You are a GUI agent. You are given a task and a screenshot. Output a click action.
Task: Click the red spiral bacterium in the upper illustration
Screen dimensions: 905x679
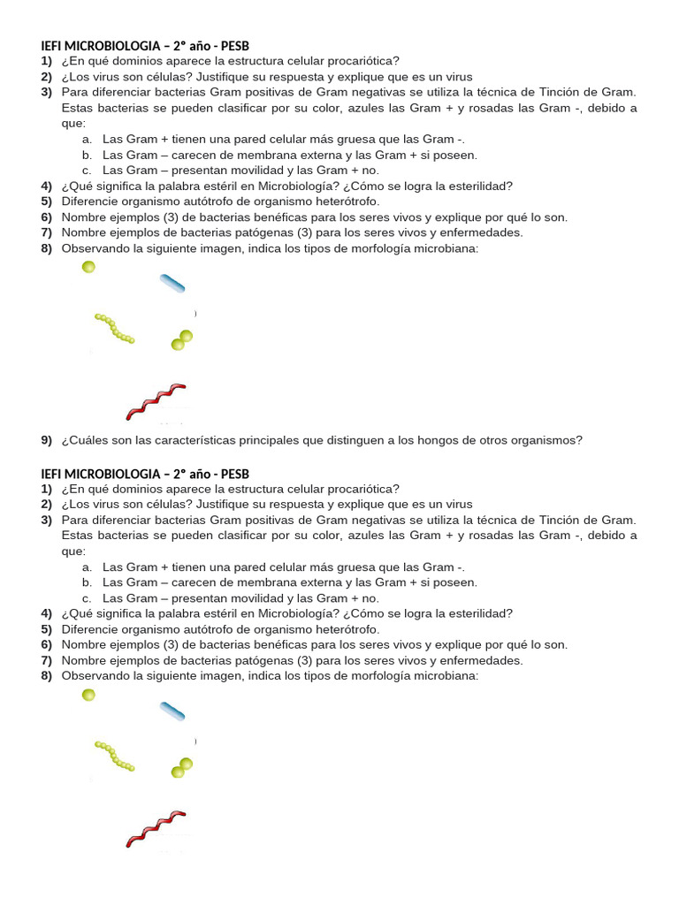tap(156, 401)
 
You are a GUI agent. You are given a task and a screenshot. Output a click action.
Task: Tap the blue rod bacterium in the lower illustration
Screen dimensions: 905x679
tap(172, 711)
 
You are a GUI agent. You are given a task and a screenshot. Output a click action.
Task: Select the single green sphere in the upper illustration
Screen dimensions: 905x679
tap(88, 267)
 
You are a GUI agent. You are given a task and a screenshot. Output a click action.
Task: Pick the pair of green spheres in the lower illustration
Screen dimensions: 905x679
tap(182, 767)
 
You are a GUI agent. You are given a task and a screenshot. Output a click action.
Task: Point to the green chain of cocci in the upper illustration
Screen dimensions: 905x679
tap(114, 328)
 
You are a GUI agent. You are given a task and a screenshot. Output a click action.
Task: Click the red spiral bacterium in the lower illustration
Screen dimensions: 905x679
tap(156, 827)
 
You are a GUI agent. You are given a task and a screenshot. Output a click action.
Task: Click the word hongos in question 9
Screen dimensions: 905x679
tap(426, 440)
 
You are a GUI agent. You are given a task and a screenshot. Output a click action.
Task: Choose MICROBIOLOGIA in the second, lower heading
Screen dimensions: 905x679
tap(109, 473)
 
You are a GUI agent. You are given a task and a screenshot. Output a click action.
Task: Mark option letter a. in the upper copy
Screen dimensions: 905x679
tap(87, 140)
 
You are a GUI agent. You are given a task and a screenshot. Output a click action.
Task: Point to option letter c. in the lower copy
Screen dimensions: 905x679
tap(87, 597)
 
